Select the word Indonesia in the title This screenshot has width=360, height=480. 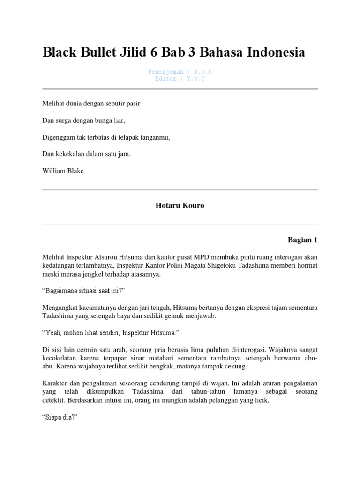tap(271, 53)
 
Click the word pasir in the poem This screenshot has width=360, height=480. tap(131, 103)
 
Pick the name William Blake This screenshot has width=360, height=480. tap(63, 171)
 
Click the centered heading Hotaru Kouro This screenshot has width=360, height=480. tap(180, 206)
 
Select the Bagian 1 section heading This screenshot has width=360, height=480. tap(302, 240)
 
